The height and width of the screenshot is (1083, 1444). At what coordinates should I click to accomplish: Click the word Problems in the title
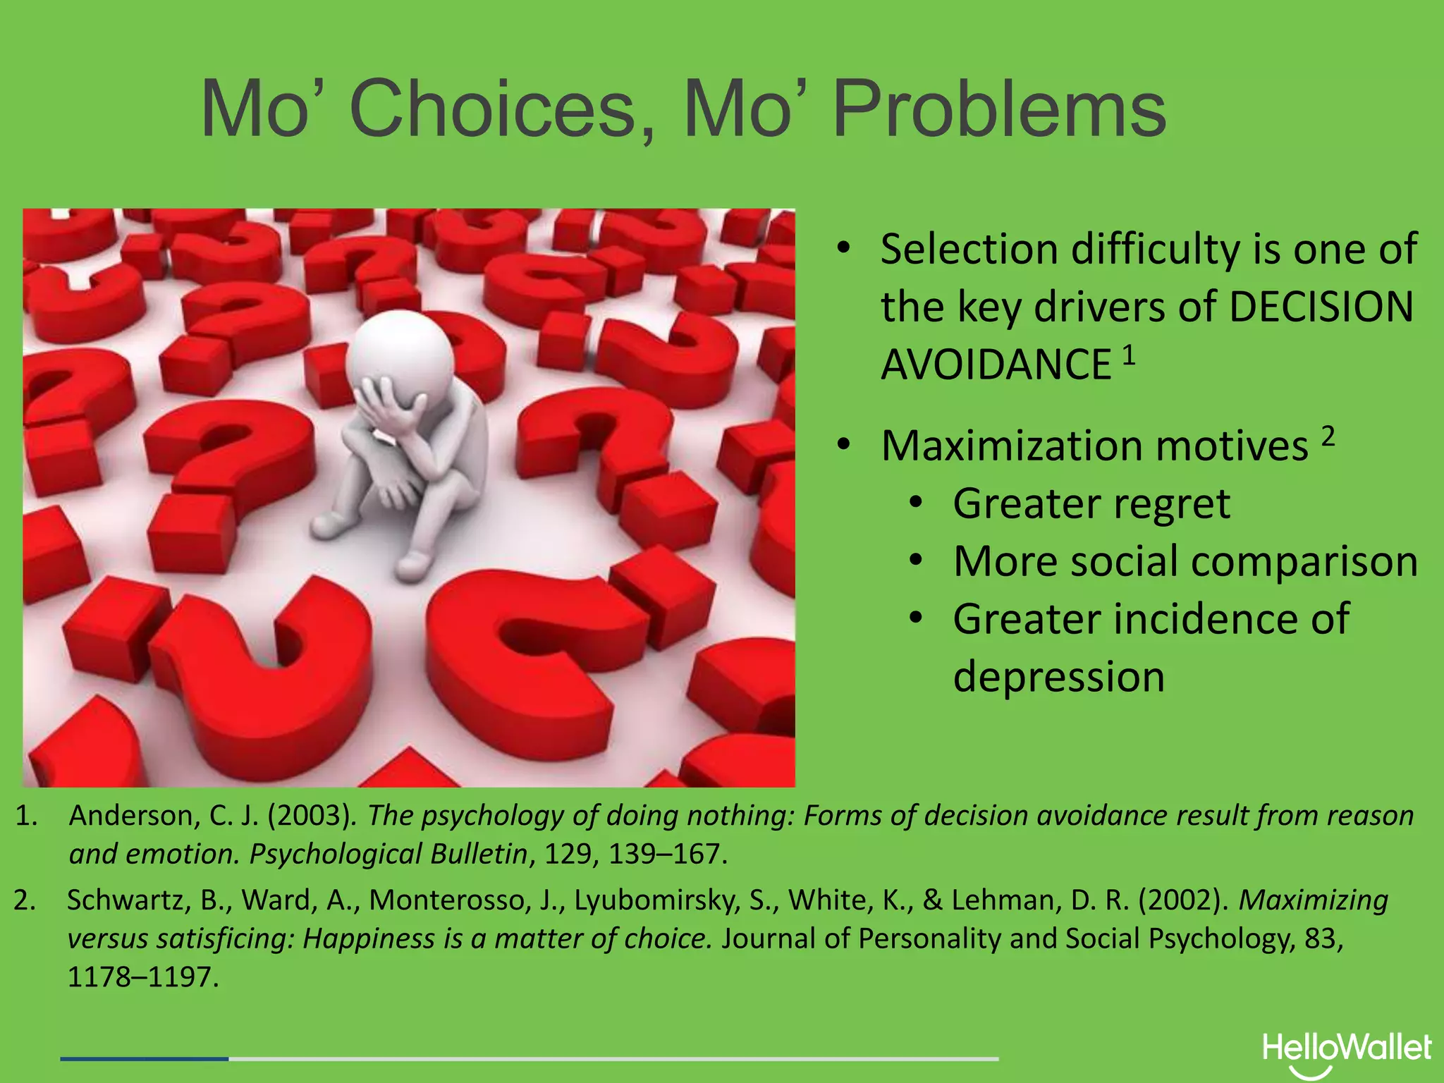click(999, 109)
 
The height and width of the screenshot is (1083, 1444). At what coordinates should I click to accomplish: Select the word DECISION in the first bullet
click(1321, 307)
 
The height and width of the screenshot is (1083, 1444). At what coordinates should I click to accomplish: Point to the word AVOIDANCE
click(996, 365)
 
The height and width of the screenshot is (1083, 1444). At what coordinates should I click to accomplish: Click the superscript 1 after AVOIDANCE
click(1129, 355)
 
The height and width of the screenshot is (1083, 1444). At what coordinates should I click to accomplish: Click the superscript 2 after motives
click(1328, 437)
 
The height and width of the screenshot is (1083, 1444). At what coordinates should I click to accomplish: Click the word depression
click(1058, 676)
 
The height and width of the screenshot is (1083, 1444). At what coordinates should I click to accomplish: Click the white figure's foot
click(414, 562)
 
